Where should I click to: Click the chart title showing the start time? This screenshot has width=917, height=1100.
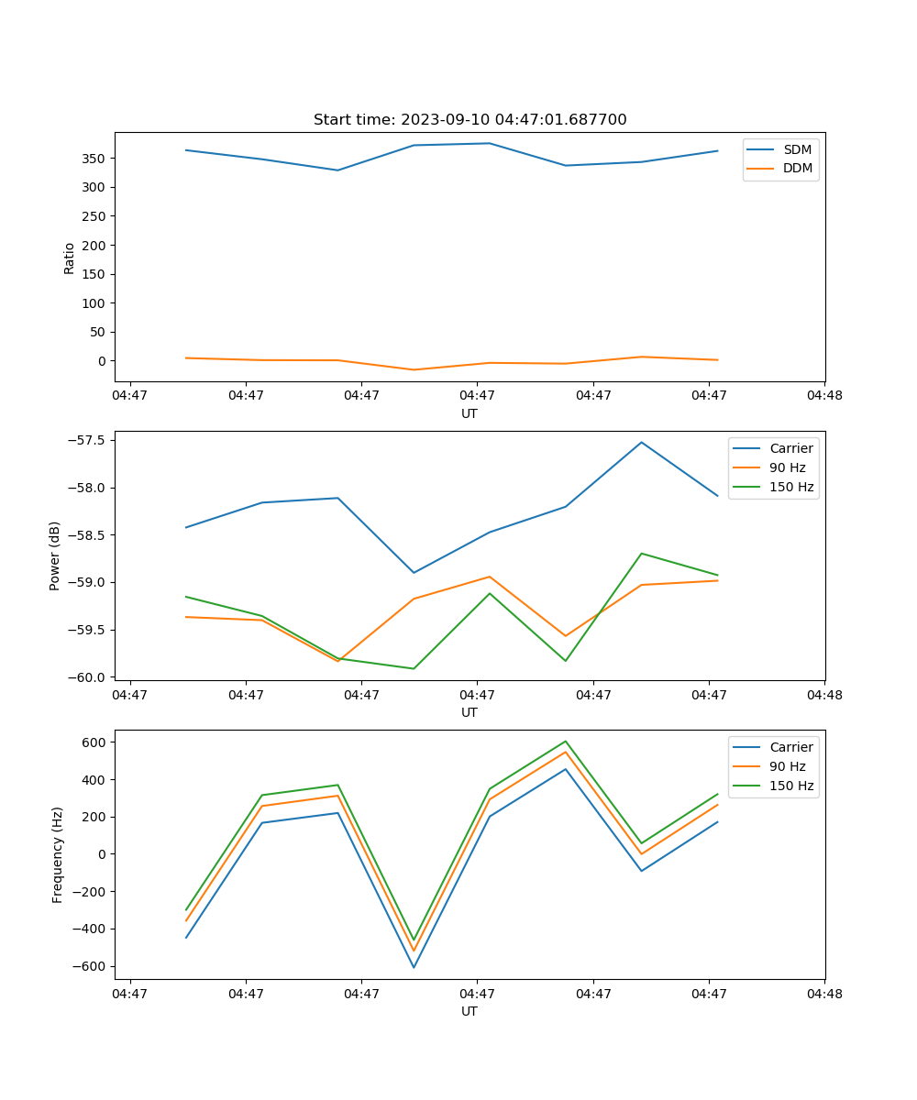[470, 120]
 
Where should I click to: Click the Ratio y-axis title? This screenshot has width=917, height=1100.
[70, 258]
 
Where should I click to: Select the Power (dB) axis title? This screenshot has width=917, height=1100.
[56, 555]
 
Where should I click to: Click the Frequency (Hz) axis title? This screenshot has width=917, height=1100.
[58, 854]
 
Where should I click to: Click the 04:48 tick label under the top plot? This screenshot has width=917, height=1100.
[823, 396]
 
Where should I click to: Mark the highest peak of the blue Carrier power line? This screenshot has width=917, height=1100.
[642, 443]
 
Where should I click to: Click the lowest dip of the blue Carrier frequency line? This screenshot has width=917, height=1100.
[414, 967]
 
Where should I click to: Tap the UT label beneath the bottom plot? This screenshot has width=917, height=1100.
[470, 1011]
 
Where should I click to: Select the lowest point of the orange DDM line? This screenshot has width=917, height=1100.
[414, 369]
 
